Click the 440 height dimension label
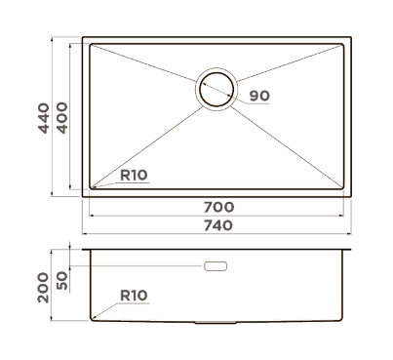(x=44, y=118)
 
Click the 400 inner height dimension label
(x=62, y=118)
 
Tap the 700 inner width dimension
(x=218, y=207)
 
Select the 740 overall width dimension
(x=218, y=225)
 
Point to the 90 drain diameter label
(x=259, y=96)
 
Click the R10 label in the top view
(x=134, y=176)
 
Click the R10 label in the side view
(x=134, y=296)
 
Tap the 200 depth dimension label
(x=43, y=288)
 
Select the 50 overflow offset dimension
(x=62, y=281)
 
